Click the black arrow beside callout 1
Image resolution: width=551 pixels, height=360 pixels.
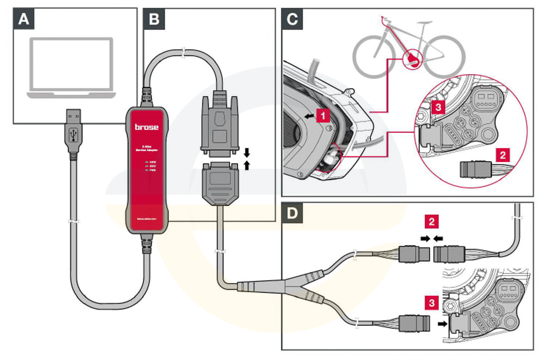tap(309, 116)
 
